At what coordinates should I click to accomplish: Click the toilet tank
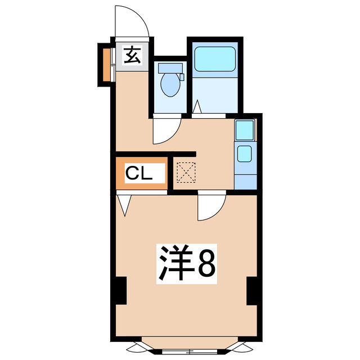[170, 69]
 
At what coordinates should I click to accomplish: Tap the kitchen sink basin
[245, 153]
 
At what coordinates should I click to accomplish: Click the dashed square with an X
[185, 172]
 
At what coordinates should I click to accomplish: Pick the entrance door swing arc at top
[133, 22]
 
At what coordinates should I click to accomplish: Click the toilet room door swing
[164, 130]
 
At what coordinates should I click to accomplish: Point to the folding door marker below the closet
[125, 205]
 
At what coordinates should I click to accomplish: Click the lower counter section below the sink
[245, 179]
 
